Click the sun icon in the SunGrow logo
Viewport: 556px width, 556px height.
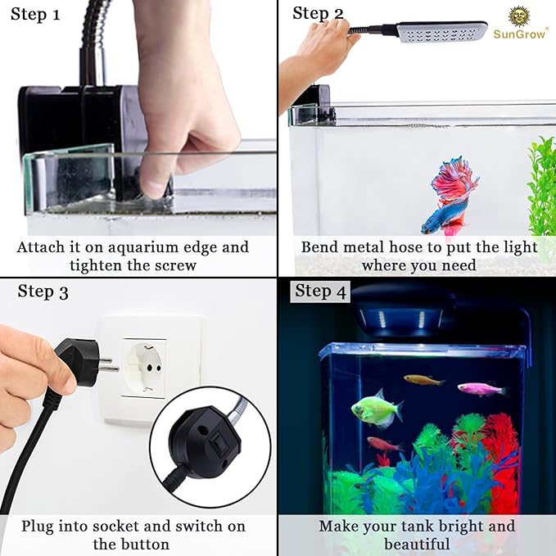(520, 16)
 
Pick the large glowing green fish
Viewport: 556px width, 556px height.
(377, 408)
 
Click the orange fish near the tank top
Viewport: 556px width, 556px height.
(423, 380)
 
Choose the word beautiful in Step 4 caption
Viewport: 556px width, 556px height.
(417, 544)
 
